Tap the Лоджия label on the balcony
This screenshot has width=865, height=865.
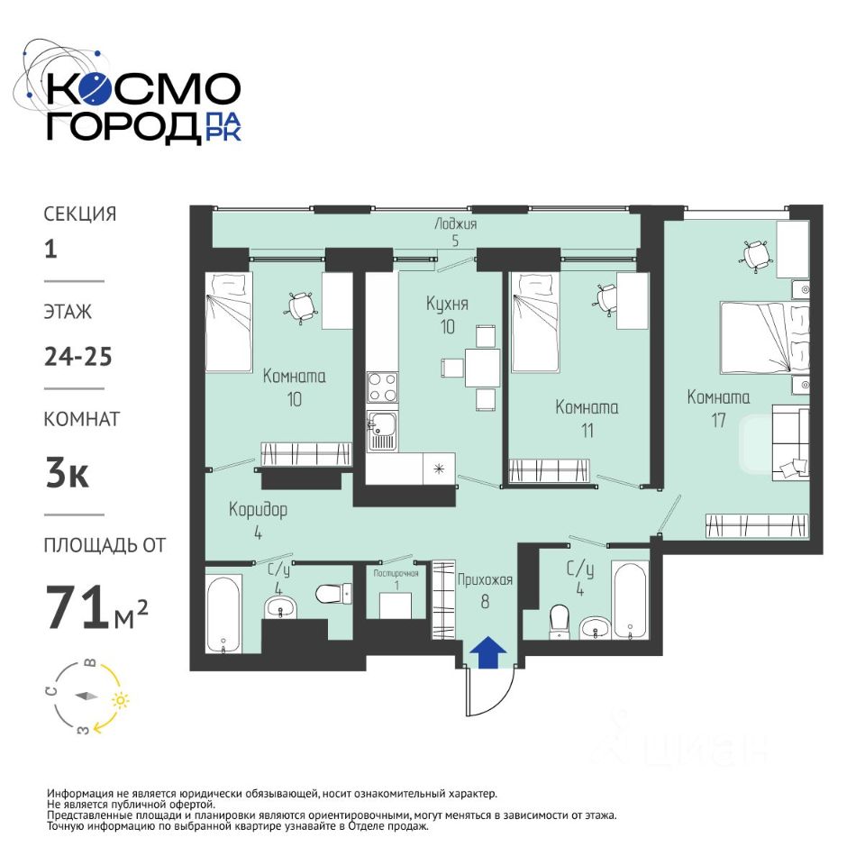[455, 224]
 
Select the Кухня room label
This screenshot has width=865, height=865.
[447, 304]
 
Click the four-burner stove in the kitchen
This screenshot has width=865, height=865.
[382, 387]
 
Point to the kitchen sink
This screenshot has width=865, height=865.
[382, 431]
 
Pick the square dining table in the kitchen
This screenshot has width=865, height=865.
[482, 368]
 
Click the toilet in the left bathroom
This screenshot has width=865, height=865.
[333, 594]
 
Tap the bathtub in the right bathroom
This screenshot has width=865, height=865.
[630, 600]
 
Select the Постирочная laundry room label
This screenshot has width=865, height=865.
[396, 573]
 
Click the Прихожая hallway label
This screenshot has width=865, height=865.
[485, 579]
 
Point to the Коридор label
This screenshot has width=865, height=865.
[259, 509]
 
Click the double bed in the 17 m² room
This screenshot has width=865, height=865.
[765, 338]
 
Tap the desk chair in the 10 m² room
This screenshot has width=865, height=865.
[302, 306]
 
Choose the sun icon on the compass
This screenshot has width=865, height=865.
[121, 700]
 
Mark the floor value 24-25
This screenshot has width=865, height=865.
[78, 357]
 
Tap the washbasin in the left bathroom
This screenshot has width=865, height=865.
[281, 608]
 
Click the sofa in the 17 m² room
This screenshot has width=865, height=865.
[790, 442]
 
